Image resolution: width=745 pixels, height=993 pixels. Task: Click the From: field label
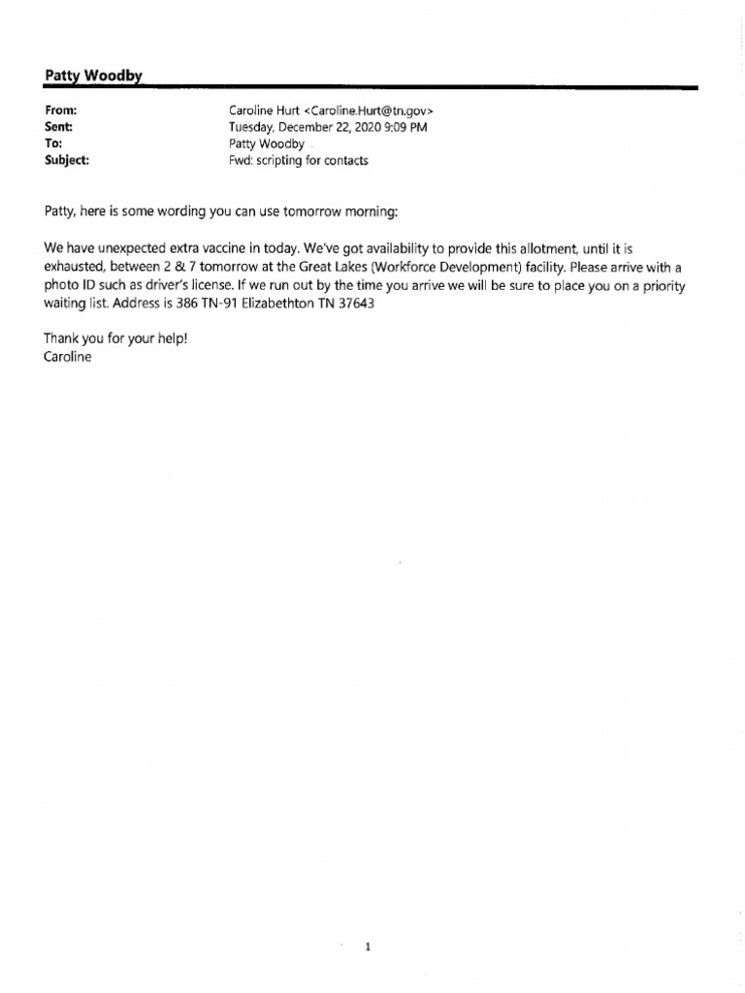click(x=62, y=112)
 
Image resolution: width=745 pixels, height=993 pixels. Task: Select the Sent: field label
click(x=59, y=127)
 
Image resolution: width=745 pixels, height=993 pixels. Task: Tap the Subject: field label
click(x=67, y=160)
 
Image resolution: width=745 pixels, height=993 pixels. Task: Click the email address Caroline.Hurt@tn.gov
click(x=369, y=112)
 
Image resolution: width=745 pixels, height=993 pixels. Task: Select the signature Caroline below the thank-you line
click(x=68, y=357)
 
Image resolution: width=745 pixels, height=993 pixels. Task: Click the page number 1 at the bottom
click(x=369, y=921)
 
